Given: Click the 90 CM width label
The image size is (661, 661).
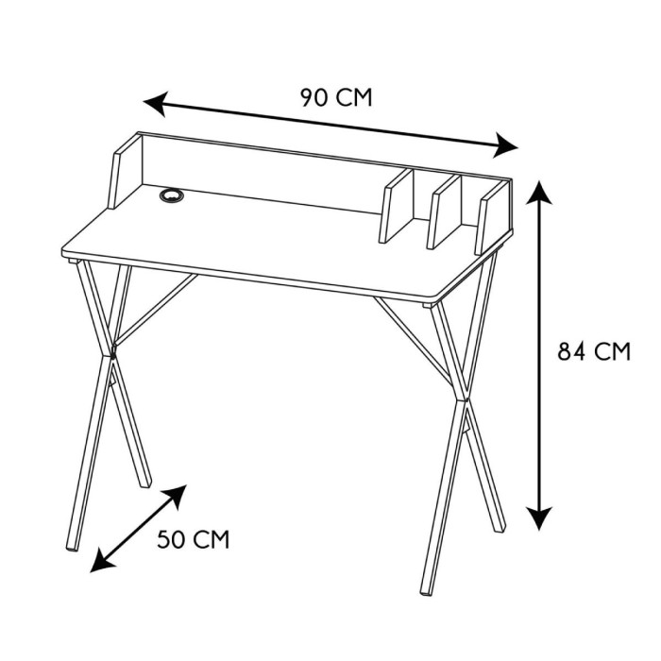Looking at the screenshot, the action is click(x=336, y=98).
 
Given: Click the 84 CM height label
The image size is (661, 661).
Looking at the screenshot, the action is click(x=594, y=351).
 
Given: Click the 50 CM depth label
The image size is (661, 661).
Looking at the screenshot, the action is click(x=194, y=539).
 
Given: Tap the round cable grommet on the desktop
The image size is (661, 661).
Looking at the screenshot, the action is click(x=172, y=195).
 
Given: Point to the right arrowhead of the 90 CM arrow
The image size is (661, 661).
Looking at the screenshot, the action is click(x=506, y=145).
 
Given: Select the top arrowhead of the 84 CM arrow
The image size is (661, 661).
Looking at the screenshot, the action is click(x=539, y=193).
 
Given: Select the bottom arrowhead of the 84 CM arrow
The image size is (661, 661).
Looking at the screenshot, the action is click(x=539, y=517).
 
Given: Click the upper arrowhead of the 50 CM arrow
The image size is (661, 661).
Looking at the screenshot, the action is click(x=177, y=496).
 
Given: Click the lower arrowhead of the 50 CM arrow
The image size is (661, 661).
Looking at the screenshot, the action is click(x=101, y=561).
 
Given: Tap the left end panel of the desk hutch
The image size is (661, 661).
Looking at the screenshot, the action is click(x=125, y=171).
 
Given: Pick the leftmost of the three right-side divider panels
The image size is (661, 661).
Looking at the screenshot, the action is click(x=397, y=206).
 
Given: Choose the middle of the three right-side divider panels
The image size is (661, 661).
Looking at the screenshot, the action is click(x=445, y=212).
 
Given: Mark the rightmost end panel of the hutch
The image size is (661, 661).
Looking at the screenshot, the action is click(x=493, y=217).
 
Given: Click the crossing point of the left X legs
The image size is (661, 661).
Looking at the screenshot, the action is click(x=111, y=353).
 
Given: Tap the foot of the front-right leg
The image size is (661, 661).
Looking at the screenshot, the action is click(x=427, y=591).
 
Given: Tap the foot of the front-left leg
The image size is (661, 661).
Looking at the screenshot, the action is click(x=72, y=547).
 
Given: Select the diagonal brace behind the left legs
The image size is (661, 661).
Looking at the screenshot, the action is click(x=155, y=310).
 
